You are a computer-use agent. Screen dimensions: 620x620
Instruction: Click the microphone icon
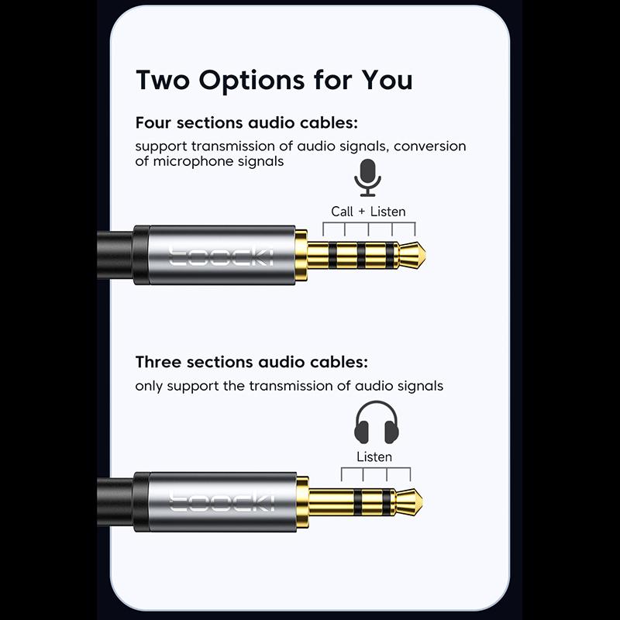click(x=368, y=177)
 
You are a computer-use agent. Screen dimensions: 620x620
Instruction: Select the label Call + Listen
click(x=368, y=212)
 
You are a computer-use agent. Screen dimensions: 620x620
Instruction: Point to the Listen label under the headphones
click(x=374, y=456)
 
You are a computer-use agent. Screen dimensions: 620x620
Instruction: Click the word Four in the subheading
click(x=153, y=123)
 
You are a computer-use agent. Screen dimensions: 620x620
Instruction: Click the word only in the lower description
click(x=149, y=386)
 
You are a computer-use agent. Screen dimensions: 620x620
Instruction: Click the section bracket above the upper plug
click(x=368, y=227)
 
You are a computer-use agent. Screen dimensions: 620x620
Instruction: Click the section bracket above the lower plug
click(x=375, y=473)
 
